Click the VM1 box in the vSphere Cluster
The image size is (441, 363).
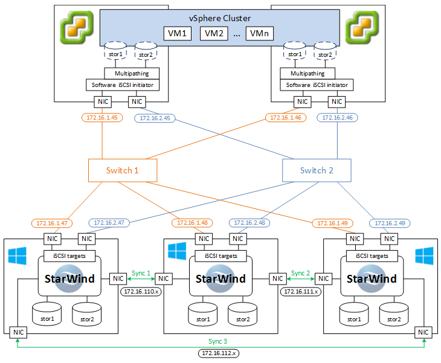point(178,33)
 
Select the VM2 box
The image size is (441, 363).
point(214,33)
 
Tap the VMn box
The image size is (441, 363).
point(259,33)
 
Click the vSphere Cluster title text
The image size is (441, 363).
point(220,18)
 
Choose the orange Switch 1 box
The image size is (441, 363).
point(123,170)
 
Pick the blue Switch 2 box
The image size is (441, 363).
point(317,170)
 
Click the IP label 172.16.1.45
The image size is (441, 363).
point(102,118)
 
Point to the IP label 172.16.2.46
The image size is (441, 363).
point(337,118)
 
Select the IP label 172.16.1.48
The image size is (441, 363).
point(192,223)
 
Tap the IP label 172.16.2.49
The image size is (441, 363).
point(390,223)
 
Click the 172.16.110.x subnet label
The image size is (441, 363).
point(141,292)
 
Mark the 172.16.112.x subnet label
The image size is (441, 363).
point(219,353)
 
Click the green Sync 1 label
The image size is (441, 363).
point(141,273)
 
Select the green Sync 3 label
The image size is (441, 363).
point(217,341)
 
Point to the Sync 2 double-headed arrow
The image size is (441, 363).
point(301,279)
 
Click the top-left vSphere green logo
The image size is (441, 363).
point(77,28)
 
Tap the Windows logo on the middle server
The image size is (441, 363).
point(177,251)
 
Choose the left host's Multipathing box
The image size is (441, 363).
point(132,74)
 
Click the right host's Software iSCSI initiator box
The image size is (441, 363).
point(317,85)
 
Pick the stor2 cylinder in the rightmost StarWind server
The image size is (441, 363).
point(394,314)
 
